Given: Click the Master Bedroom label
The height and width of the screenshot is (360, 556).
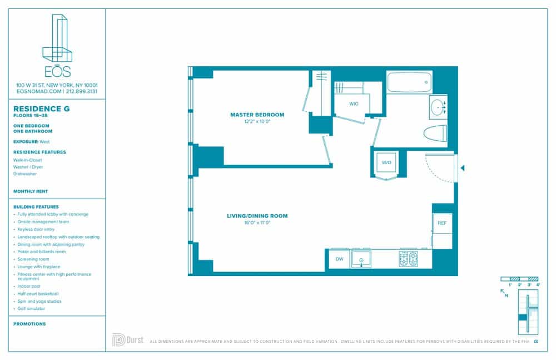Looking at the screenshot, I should click(x=257, y=115).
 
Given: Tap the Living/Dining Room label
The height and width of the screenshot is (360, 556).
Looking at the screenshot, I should click(x=257, y=215).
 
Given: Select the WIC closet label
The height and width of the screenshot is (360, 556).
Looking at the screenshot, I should click(x=354, y=104).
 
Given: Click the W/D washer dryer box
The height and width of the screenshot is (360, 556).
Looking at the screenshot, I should click(x=386, y=162).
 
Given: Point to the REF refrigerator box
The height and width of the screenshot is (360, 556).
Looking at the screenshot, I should click(x=442, y=223).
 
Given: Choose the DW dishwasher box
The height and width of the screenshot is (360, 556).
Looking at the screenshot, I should click(x=339, y=259).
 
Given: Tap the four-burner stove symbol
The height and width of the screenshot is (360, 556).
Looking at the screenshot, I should click(x=408, y=259).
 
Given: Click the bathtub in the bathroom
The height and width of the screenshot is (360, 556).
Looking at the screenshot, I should click(x=409, y=82).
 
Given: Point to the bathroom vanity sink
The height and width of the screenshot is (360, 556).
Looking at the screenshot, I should click(x=438, y=106).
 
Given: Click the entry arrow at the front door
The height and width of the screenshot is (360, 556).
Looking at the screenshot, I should click(x=462, y=167).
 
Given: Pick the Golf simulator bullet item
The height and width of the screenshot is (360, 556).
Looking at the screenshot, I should click(x=32, y=308).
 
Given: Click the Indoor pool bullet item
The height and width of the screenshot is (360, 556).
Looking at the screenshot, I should click(x=29, y=286).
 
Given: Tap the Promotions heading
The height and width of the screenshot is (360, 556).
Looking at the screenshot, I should click(x=29, y=324).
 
